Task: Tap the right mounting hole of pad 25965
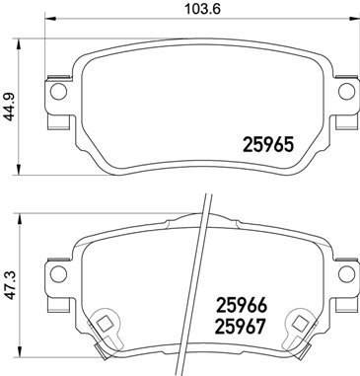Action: (346, 93)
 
